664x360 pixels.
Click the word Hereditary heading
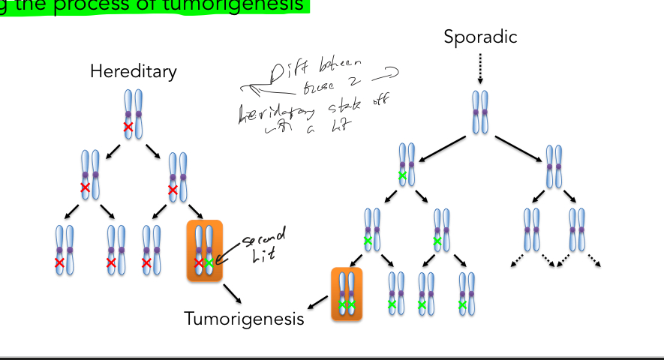coord(134,71)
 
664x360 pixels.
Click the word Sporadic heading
coord(480,36)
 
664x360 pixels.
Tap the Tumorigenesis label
coord(245,319)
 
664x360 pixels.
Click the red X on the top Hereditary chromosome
coord(128,127)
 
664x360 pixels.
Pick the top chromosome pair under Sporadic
coord(480,113)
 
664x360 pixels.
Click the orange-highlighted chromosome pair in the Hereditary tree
coord(204,250)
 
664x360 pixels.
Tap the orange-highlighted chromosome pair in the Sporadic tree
coord(347,293)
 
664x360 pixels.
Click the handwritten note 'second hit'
coord(257,248)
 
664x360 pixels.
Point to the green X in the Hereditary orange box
coord(209,263)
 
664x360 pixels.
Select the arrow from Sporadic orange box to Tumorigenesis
coord(317,303)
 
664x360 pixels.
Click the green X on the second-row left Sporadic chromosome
coord(403,175)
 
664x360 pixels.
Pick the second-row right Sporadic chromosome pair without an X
coord(554,166)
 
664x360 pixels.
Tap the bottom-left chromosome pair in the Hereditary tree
coord(65,250)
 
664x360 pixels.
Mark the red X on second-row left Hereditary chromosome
coord(86,187)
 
